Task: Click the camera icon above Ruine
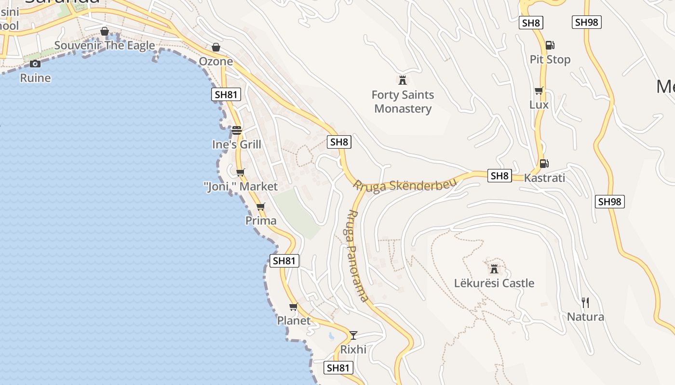(35, 64)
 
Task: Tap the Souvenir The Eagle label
(105, 46)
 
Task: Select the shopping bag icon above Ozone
(216, 47)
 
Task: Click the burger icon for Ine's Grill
(236, 130)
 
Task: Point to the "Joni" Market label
(241, 186)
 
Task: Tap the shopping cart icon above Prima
(261, 206)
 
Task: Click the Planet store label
(294, 321)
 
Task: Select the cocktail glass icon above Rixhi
(353, 335)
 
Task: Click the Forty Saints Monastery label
(403, 102)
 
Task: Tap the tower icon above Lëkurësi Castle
(494, 269)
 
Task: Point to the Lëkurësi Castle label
(494, 283)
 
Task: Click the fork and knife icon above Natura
(585, 302)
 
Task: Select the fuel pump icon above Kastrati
(544, 164)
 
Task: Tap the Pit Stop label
(550, 60)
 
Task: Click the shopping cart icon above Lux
(539, 90)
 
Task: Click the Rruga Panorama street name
(358, 255)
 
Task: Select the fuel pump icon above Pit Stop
(550, 45)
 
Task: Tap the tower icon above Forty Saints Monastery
(403, 80)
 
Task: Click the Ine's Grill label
(237, 144)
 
